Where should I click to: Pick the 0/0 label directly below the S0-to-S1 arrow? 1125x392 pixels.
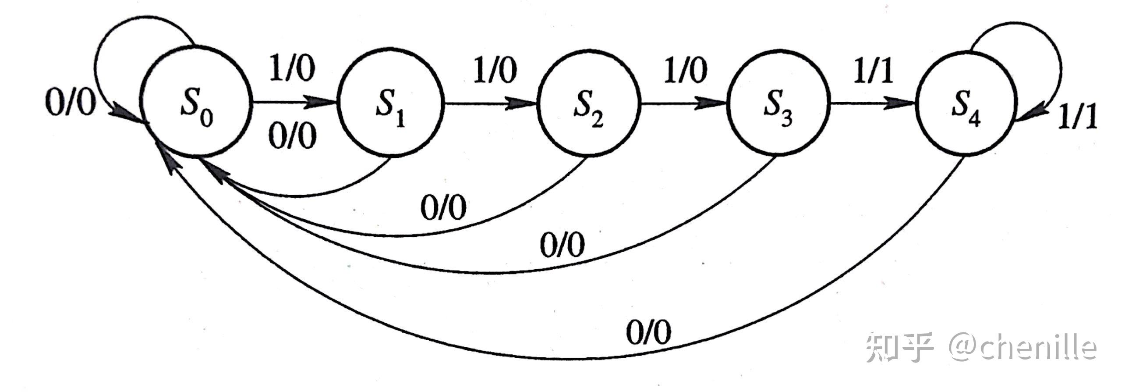click(293, 136)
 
